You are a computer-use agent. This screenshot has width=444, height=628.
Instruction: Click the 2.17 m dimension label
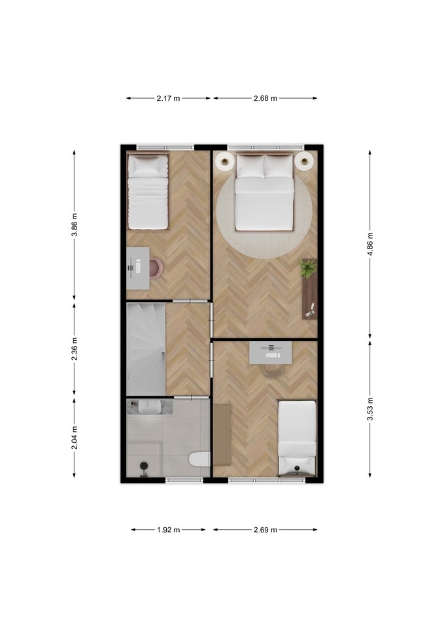168,98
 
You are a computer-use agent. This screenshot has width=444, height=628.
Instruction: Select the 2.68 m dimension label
265,98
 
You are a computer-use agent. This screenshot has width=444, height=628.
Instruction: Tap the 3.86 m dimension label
75,225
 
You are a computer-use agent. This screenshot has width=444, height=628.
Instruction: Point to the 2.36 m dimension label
75,349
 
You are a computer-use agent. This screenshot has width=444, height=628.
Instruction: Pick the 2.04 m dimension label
75,438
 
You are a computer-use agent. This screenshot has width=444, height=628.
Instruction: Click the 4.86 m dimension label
370,244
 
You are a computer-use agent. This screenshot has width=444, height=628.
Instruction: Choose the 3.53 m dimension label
370,409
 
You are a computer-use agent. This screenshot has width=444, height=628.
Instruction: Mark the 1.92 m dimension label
168,530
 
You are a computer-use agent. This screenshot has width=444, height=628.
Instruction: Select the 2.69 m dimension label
265,530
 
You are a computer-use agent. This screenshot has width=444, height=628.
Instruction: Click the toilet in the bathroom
200,459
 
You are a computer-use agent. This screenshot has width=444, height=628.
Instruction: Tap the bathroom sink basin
150,408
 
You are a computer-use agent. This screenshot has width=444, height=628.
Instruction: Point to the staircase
146,349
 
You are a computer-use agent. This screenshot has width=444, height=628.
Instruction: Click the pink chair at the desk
156,268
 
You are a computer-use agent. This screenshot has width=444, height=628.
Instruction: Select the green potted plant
308,268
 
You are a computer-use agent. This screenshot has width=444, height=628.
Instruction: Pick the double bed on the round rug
264,192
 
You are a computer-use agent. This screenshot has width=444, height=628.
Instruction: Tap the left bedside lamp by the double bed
225,162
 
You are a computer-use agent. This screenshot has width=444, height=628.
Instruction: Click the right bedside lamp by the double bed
304,162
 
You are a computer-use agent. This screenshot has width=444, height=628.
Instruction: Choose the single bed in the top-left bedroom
147,192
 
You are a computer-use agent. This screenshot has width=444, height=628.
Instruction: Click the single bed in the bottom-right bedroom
297,438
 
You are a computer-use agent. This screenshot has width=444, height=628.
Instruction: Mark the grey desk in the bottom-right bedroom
271,353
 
